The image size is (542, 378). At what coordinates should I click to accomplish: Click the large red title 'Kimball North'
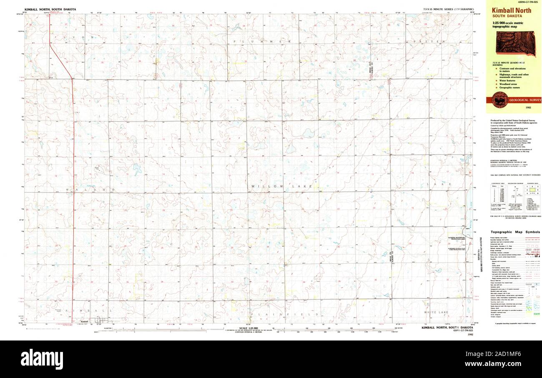512,10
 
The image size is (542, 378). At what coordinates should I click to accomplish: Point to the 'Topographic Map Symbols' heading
515,232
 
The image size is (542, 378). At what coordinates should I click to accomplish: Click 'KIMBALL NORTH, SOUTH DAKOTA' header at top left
48,9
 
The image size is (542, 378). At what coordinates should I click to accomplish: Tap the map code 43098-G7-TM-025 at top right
529,3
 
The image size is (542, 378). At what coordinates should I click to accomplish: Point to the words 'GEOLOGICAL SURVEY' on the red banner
523,100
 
